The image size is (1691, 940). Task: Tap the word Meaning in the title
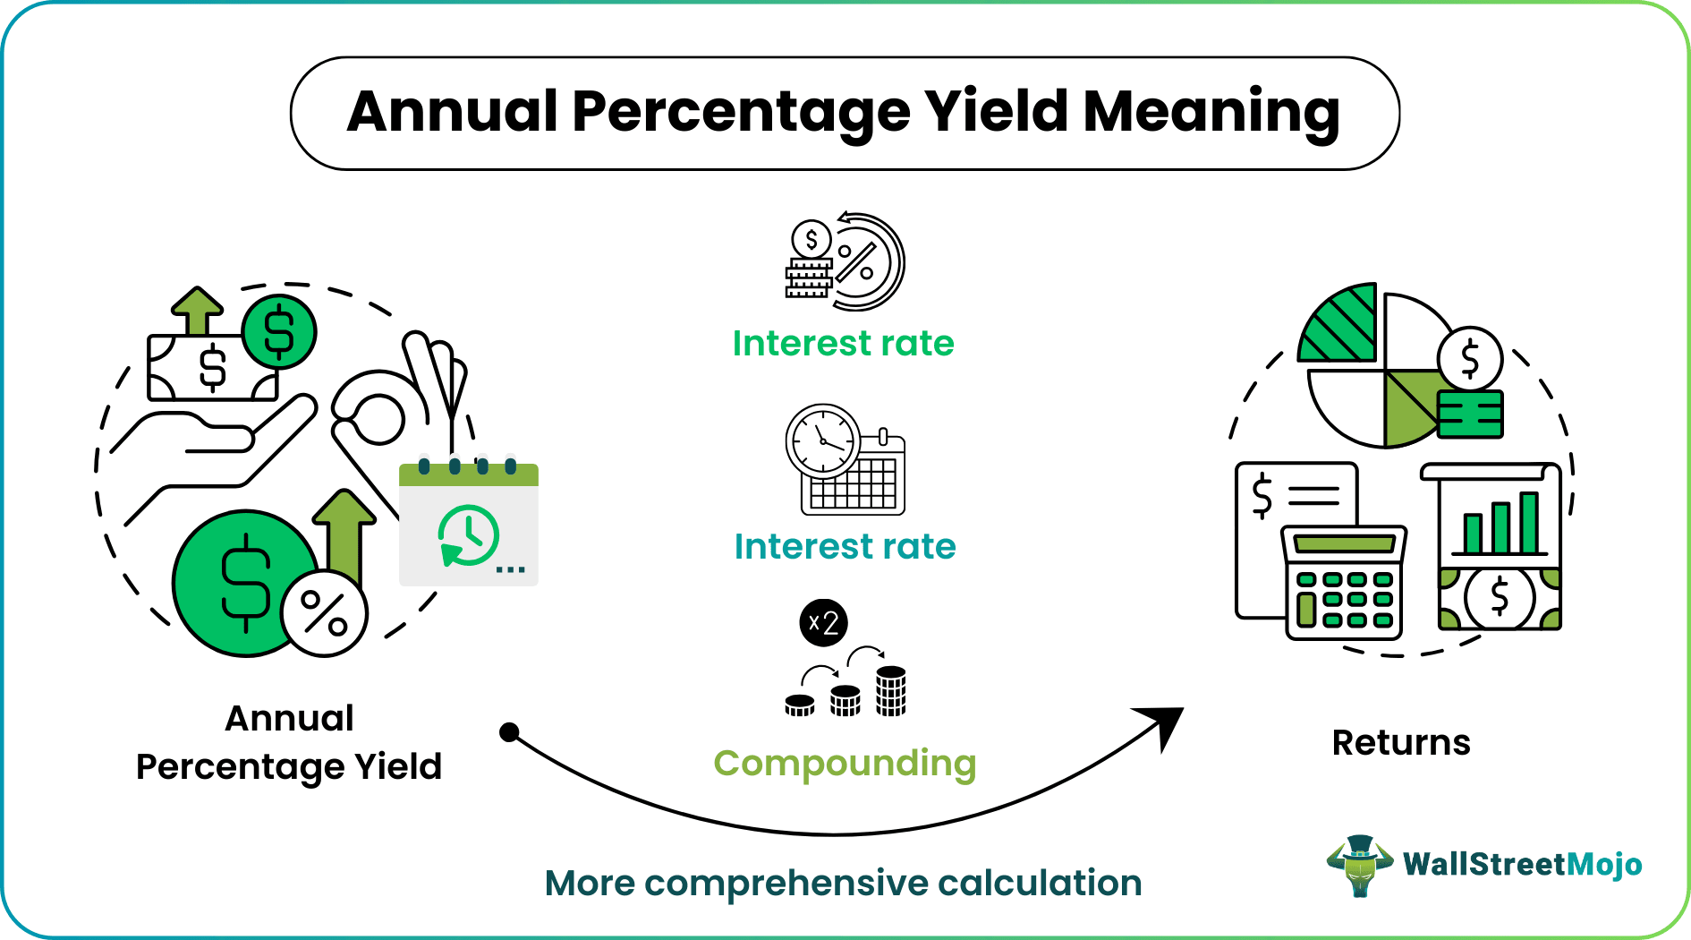[x=1212, y=114]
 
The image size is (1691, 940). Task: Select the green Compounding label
[x=845, y=764]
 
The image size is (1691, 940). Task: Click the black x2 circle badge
[x=823, y=622]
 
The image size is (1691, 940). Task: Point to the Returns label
[x=1401, y=742]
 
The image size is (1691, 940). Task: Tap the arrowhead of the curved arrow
[x=1163, y=724]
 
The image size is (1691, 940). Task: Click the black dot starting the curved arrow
[x=509, y=732]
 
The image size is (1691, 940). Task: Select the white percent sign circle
[x=324, y=613]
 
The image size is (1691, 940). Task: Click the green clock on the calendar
[x=467, y=535]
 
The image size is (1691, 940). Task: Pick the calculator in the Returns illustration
[x=1344, y=582]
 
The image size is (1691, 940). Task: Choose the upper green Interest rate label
[x=843, y=344]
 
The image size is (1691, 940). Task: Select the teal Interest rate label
[x=845, y=546]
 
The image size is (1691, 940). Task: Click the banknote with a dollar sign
[x=213, y=367]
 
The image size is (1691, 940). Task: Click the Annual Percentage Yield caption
[x=289, y=742]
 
